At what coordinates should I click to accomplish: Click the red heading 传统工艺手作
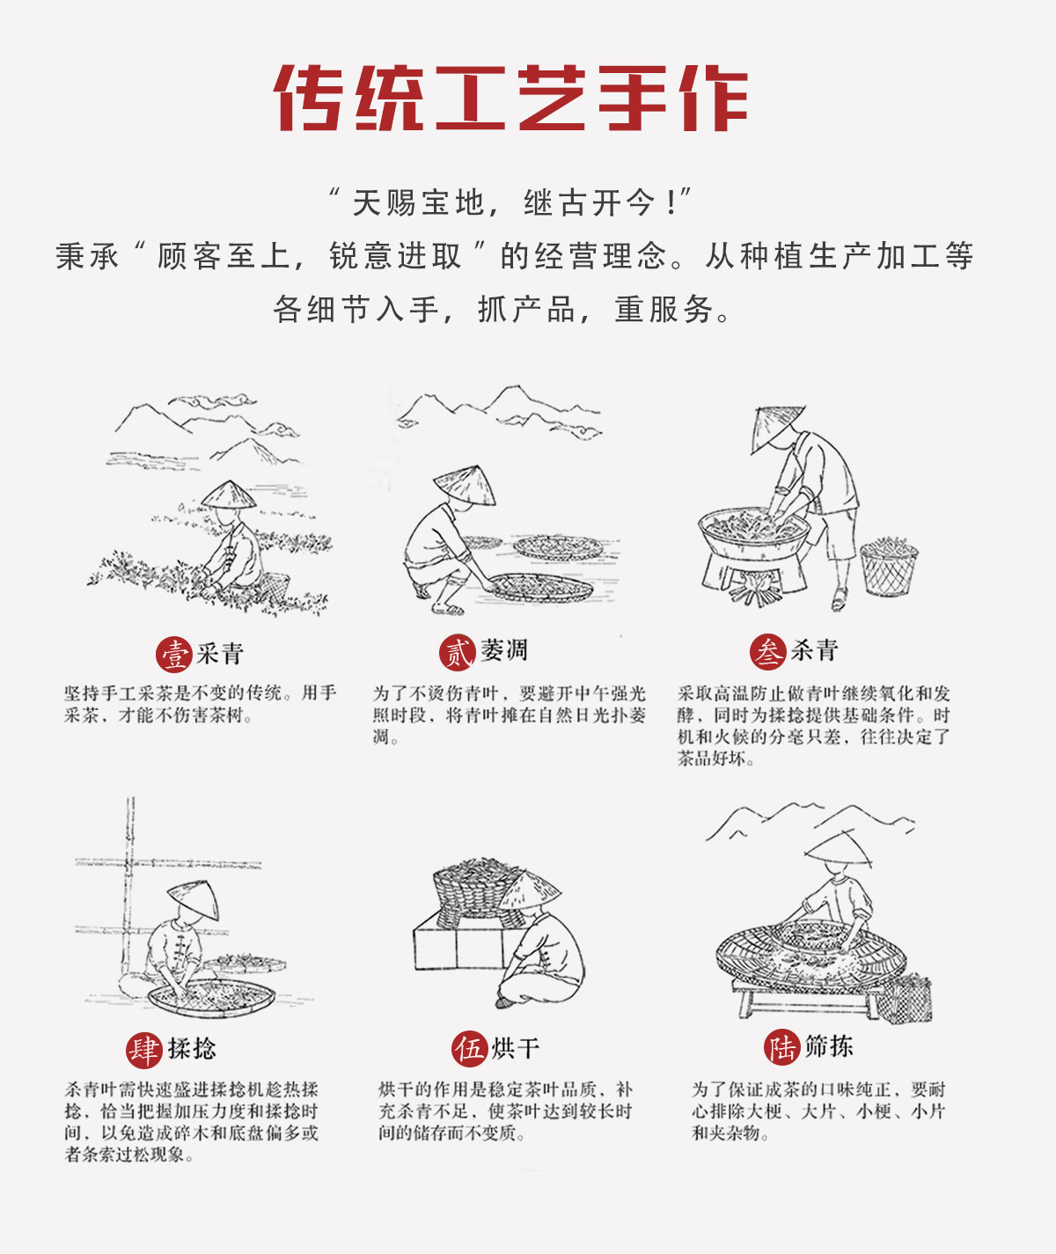tap(511, 98)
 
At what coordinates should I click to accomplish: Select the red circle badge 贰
tap(457, 652)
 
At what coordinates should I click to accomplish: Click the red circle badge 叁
tap(767, 652)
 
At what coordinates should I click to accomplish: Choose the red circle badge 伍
tap(470, 1049)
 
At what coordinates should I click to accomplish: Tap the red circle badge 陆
tap(781, 1047)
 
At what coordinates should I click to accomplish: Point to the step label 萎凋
tap(504, 651)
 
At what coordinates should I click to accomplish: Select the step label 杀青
tap(814, 651)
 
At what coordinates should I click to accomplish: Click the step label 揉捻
tap(192, 1049)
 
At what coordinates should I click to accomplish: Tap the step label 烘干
tap(516, 1049)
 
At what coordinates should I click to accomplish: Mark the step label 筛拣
tap(829, 1047)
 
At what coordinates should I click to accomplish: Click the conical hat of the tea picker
tap(229, 495)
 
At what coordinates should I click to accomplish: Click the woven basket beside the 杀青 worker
tap(888, 568)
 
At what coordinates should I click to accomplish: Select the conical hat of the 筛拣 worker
tap(839, 847)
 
